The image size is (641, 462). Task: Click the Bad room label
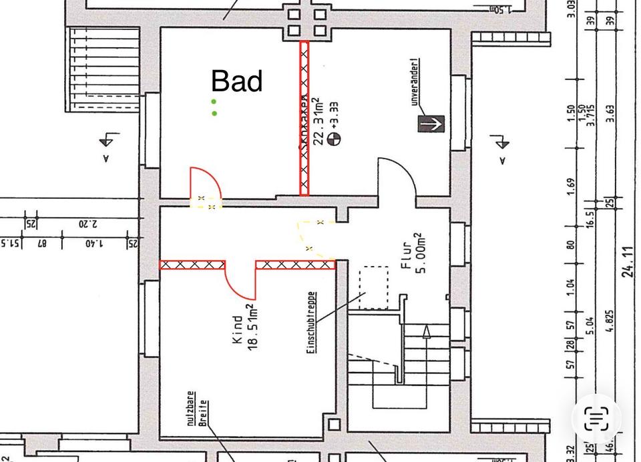tap(237, 81)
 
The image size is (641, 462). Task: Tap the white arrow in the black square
tap(431, 123)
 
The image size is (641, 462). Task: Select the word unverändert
tap(414, 82)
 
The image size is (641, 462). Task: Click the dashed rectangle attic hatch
tap(373, 288)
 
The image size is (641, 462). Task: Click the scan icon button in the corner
tap(596, 418)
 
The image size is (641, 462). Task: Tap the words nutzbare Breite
tap(196, 407)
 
